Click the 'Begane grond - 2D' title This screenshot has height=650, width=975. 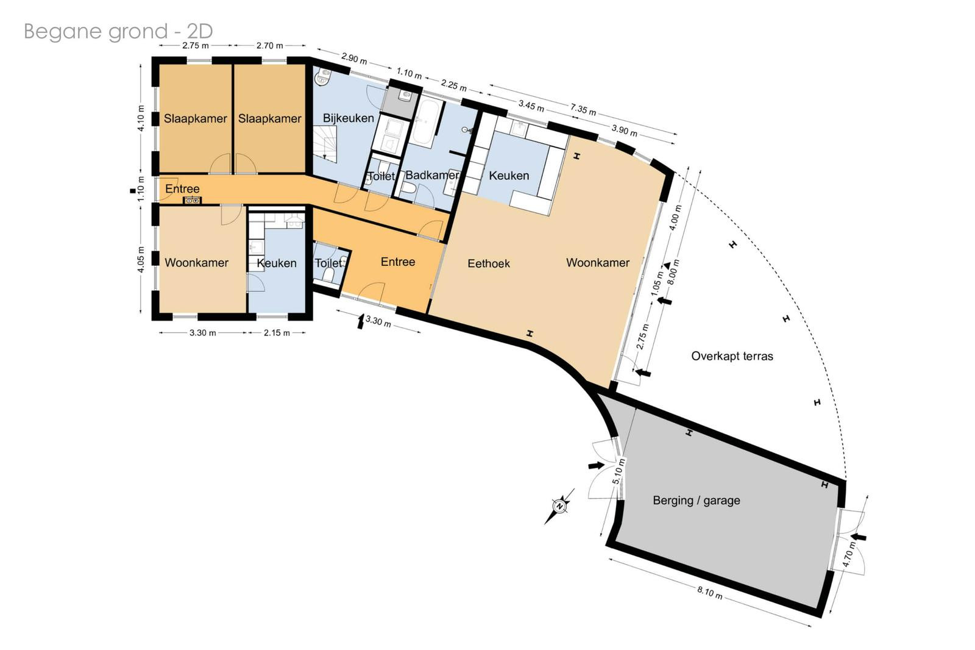tap(118, 31)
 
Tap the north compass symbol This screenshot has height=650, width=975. tap(560, 506)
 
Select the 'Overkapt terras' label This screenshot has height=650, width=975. tap(732, 356)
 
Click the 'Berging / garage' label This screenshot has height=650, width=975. tap(697, 501)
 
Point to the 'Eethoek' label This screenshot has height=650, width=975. tap(489, 263)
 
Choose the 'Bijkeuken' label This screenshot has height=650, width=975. tap(348, 118)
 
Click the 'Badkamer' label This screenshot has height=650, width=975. tap(432, 175)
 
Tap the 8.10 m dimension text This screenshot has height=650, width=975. tap(710, 593)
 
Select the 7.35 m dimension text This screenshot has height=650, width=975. tap(583, 109)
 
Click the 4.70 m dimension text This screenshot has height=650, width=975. tap(849, 555)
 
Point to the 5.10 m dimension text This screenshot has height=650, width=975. tap(619, 472)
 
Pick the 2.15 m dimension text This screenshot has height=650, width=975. tap(277, 333)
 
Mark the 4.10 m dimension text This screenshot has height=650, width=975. tap(141, 118)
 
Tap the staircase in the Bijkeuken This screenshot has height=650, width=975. tap(325, 144)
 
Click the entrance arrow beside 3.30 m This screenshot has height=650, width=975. tap(360, 321)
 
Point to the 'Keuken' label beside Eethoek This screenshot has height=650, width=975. tap(509, 176)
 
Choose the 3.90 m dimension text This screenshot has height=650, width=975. tap(624, 130)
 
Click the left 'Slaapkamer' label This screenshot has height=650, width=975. tap(196, 118)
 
